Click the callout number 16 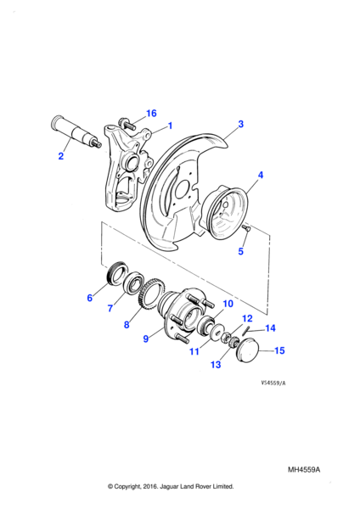tap(151, 114)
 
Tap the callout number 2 tap(61, 156)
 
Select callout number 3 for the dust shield tap(241, 124)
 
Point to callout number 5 tap(241, 251)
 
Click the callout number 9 tap(146, 338)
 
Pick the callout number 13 tap(216, 365)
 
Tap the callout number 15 tap(279, 350)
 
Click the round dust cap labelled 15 tap(248, 350)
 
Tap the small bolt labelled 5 tap(246, 227)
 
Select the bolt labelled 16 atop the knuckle tap(127, 124)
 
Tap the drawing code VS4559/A tap(273, 383)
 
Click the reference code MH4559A tap(304, 470)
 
